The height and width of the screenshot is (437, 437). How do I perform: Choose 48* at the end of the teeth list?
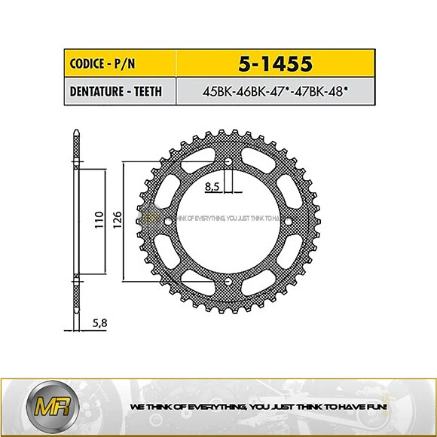pyautogui.click(x=348, y=93)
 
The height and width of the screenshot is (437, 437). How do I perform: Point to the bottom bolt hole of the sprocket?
pyautogui.click(x=228, y=283)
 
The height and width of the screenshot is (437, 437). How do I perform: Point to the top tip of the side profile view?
pyautogui.click(x=76, y=133)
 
